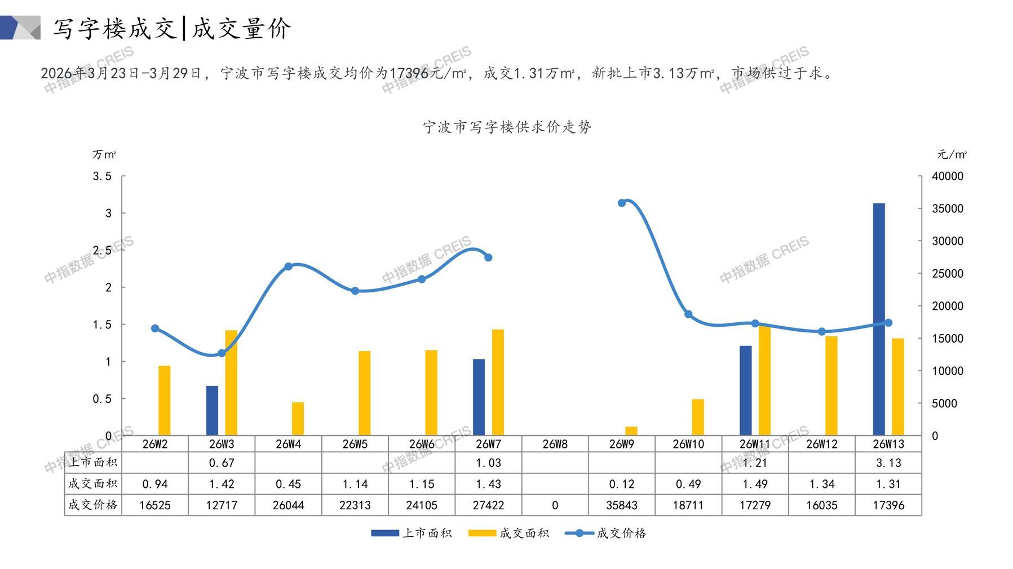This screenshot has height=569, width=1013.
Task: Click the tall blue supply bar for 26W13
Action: (878, 319)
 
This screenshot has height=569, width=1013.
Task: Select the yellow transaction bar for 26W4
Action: (298, 419)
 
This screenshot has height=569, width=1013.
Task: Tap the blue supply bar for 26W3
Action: (212, 410)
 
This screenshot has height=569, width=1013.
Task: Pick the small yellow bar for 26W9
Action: (631, 431)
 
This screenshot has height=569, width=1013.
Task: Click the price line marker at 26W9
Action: (622, 203)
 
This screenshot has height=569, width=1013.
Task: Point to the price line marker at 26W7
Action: (488, 257)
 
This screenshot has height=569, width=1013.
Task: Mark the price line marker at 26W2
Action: (155, 328)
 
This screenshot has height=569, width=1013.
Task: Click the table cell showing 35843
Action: (622, 505)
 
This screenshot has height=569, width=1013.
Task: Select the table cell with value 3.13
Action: (888, 463)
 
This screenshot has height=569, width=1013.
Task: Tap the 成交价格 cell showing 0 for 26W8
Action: (555, 505)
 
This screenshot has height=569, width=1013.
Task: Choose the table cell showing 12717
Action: (222, 505)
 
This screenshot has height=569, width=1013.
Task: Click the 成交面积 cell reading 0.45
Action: (288, 484)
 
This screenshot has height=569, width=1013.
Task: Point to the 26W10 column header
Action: (688, 444)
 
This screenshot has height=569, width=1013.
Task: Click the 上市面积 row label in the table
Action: (93, 463)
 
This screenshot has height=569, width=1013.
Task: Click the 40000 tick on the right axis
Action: (947, 176)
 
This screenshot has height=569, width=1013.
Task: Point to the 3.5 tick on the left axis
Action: (102, 176)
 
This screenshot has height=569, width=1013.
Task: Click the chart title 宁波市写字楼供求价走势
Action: (507, 127)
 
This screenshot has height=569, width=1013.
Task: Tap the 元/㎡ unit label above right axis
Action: (952, 154)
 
